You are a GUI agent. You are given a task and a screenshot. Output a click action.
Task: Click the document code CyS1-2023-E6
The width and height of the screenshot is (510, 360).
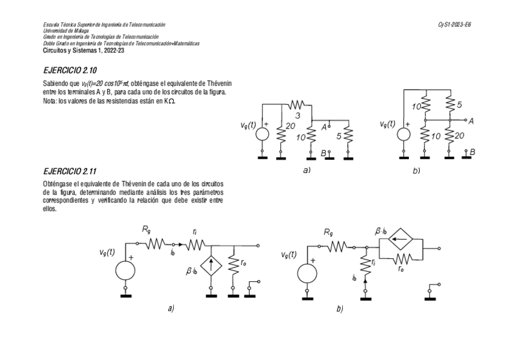point(455,24)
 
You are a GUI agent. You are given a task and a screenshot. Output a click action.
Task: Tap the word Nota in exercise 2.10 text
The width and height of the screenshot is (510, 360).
point(50,100)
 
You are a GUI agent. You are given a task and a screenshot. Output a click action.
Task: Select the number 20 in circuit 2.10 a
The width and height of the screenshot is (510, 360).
point(291,126)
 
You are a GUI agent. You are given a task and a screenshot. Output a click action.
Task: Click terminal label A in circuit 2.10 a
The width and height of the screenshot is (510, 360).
point(324,127)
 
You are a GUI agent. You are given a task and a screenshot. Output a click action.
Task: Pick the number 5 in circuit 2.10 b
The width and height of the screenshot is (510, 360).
point(459,105)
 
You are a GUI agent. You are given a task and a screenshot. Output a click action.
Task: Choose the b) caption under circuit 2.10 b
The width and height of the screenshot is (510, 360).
point(416,171)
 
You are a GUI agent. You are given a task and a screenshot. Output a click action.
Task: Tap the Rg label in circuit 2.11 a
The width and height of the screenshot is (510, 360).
point(146,229)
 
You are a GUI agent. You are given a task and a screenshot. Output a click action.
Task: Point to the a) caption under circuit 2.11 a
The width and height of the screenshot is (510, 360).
point(171,308)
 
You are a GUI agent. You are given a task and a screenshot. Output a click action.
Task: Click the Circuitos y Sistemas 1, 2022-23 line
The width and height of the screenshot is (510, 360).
point(83,50)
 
